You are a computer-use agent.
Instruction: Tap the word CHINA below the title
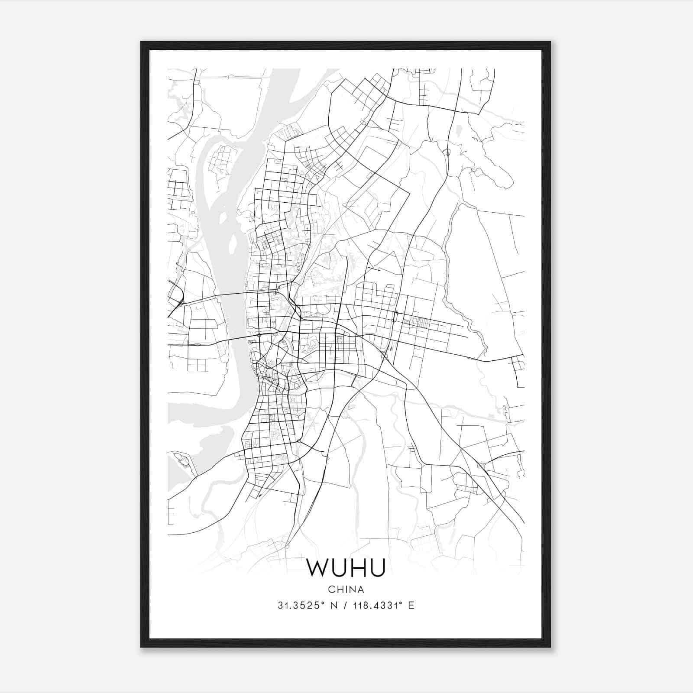[346, 589]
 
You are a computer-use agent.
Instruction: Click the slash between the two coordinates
[345, 606]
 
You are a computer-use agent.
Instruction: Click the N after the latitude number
[334, 606]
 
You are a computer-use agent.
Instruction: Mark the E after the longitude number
[411, 606]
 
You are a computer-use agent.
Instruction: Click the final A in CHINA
[361, 589]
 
